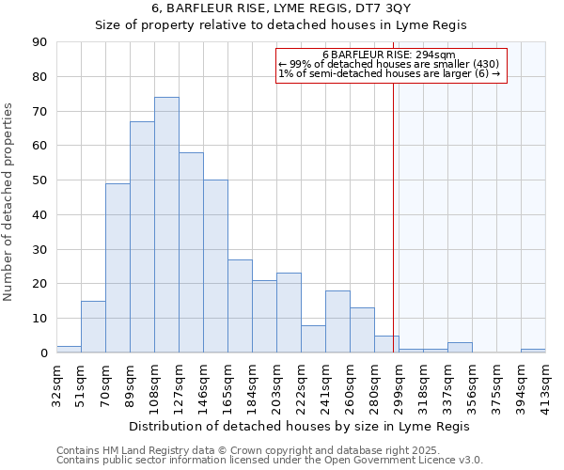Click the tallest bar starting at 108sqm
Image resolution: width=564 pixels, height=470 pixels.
click(x=166, y=225)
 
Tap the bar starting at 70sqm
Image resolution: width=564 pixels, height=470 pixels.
click(x=117, y=268)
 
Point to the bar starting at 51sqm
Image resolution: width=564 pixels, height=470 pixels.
click(x=93, y=326)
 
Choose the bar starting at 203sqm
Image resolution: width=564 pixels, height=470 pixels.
click(x=289, y=313)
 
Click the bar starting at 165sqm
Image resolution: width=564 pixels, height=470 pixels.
click(x=240, y=305)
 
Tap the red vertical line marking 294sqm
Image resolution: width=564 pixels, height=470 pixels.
click(x=393, y=216)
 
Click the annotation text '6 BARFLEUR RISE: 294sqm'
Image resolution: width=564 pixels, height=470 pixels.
click(x=388, y=55)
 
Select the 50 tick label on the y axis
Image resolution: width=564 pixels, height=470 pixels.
click(x=39, y=180)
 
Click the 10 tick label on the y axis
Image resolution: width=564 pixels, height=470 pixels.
click(x=39, y=319)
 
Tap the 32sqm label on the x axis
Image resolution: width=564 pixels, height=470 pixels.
click(x=56, y=382)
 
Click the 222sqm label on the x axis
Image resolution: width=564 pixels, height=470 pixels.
click(x=301, y=382)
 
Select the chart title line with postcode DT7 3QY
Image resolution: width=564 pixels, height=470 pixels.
click(x=281, y=8)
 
